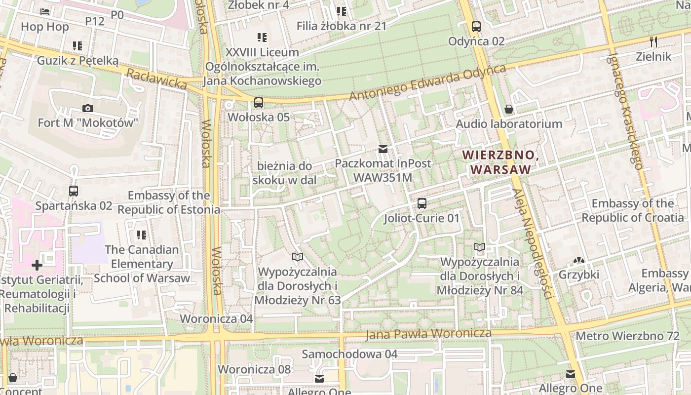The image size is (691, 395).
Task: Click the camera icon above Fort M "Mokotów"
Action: (88, 108)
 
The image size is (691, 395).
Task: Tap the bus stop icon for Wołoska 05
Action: (258, 103)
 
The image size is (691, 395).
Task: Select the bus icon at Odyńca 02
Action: (476, 27)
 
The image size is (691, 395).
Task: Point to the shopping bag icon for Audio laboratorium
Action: (508, 109)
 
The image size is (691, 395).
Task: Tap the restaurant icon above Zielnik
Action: (653, 41)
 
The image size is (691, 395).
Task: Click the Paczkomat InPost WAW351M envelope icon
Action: (383, 149)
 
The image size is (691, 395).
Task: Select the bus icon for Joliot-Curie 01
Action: (422, 203)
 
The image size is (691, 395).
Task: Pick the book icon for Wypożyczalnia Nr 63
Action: (297, 257)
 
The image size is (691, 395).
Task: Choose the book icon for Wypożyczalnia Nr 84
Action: (479, 247)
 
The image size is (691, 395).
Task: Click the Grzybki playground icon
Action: (578, 260)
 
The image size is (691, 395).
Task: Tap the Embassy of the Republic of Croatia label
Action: (633, 210)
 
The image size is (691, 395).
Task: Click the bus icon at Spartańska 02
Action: (74, 191)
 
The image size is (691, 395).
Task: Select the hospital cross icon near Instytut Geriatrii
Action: (37, 265)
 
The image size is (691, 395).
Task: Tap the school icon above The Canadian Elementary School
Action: (142, 235)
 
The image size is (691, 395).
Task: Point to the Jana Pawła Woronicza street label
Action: (428, 334)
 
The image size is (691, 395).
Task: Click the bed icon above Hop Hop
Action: (45, 12)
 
